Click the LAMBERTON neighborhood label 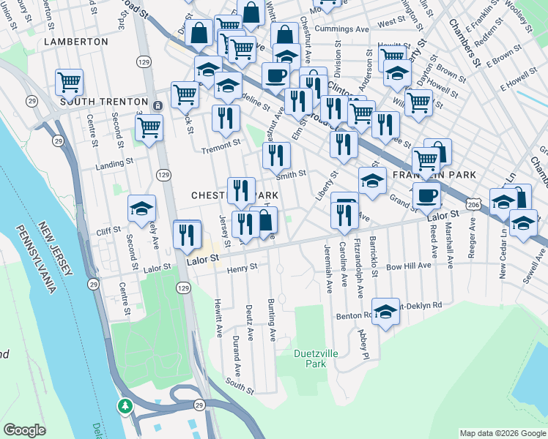click(x=76, y=42)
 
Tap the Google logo click(x=24, y=430)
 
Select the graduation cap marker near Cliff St click(x=141, y=208)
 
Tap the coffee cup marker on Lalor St click(x=426, y=195)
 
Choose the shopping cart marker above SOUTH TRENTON click(x=70, y=82)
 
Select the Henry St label click(x=242, y=269)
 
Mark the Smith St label click(x=291, y=174)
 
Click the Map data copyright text click(x=502, y=433)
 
